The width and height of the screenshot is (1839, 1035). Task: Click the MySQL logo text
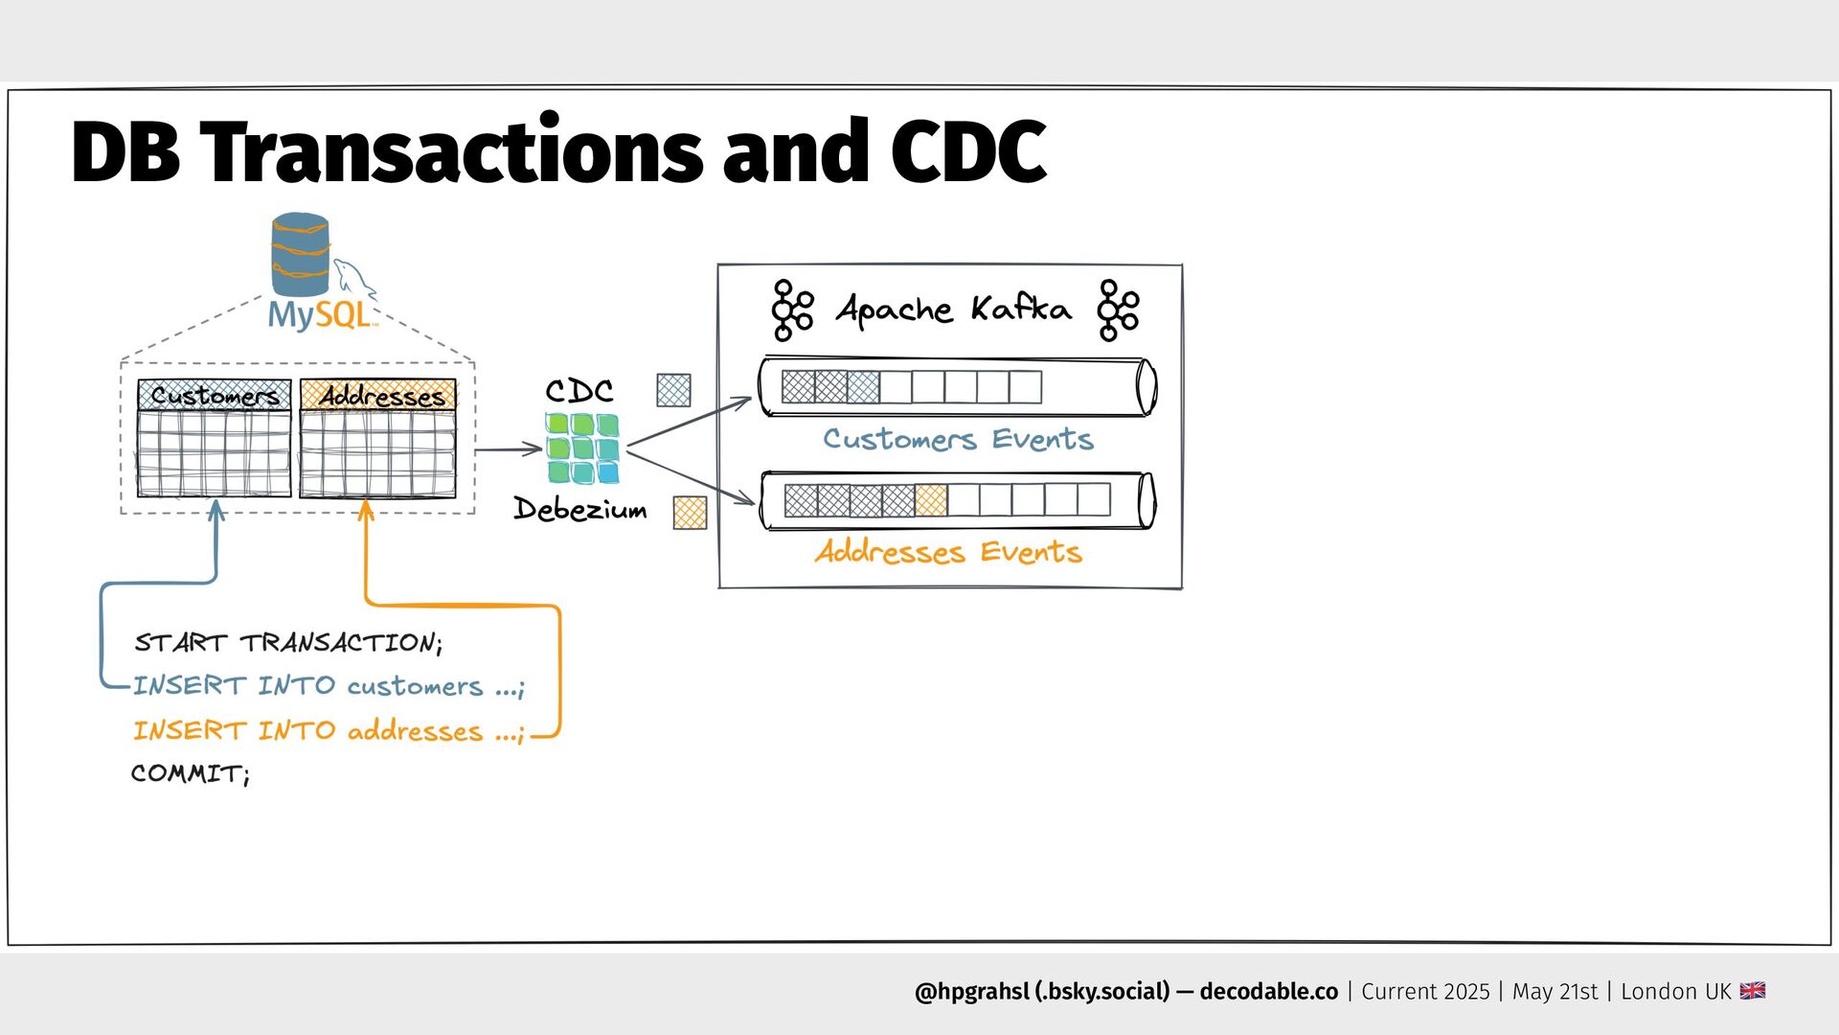click(x=319, y=314)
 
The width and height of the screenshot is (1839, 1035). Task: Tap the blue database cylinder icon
click(x=300, y=254)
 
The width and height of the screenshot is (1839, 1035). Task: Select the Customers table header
click(x=214, y=395)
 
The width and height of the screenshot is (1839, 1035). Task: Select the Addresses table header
click(x=378, y=395)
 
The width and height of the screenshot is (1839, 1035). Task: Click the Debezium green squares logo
click(x=581, y=448)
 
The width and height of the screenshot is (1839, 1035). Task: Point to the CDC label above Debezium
click(x=579, y=390)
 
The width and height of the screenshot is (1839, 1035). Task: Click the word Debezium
click(x=579, y=508)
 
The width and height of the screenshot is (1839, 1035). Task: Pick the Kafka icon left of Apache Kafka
click(x=792, y=310)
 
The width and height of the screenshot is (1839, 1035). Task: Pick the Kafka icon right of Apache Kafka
click(x=1118, y=310)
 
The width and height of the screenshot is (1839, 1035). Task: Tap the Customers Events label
click(x=958, y=439)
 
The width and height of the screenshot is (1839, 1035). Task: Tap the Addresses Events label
click(x=948, y=552)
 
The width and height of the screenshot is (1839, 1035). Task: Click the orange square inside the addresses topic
click(x=930, y=500)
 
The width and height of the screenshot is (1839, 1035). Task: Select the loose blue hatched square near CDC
click(x=673, y=390)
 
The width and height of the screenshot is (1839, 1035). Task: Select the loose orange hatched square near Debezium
click(x=690, y=513)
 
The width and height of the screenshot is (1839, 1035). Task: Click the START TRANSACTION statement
click(x=287, y=642)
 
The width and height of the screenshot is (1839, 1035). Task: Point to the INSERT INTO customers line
click(x=328, y=686)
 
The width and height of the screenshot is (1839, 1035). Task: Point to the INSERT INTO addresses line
click(x=328, y=731)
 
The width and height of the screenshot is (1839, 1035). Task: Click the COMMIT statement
click(x=190, y=773)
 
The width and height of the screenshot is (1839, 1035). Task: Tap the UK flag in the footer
click(x=1753, y=991)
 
